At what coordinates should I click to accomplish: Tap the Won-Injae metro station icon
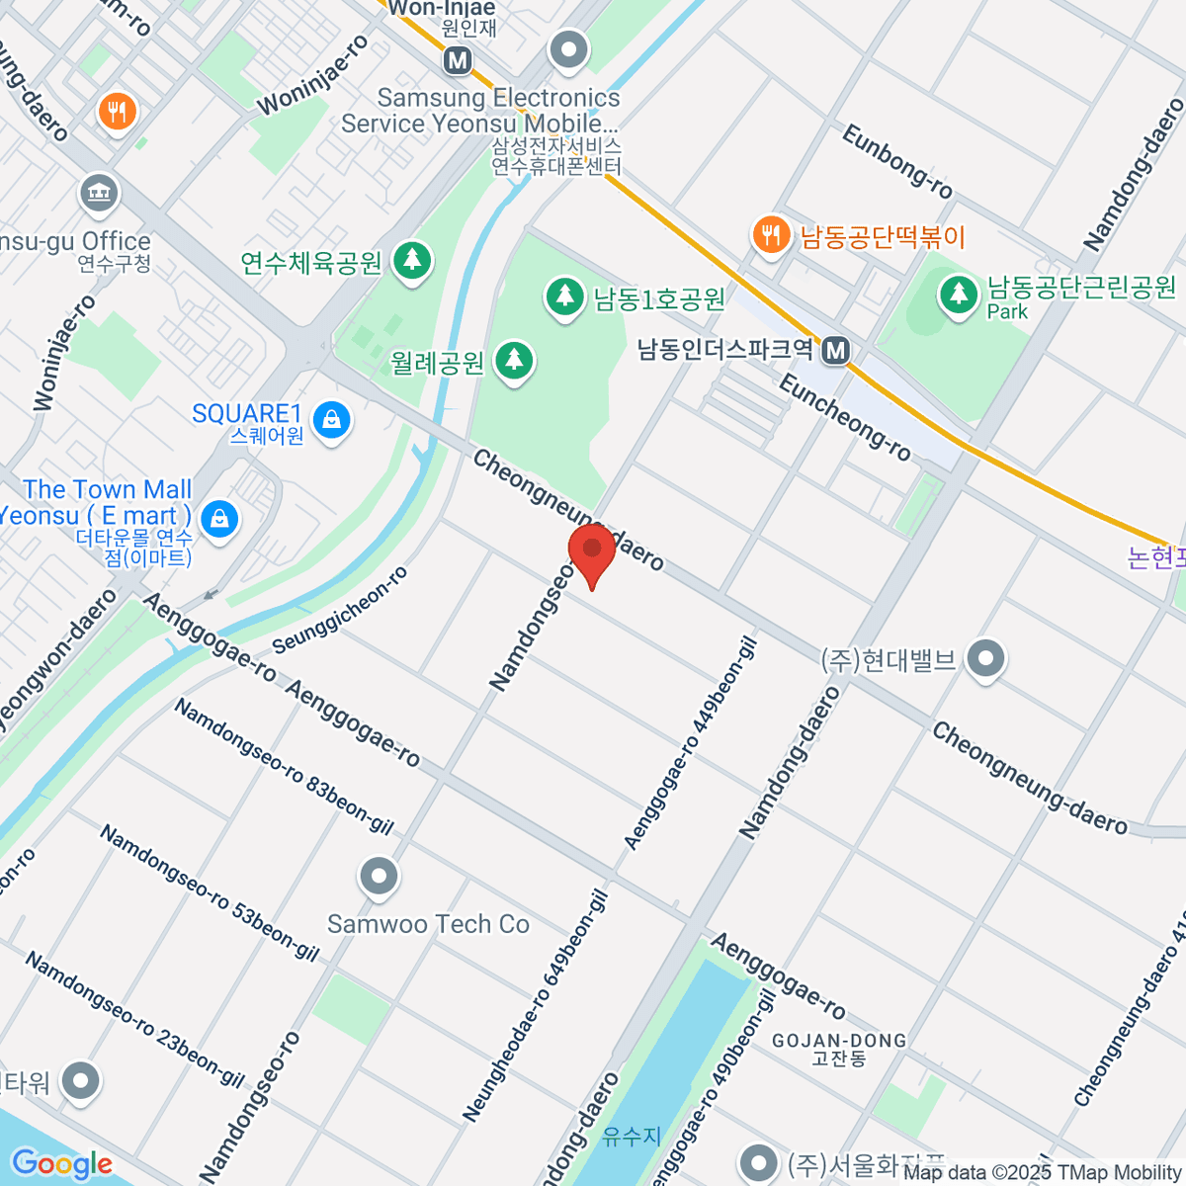tap(457, 60)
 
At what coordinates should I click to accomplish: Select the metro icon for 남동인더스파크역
tap(837, 350)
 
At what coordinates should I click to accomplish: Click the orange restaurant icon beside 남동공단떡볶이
tap(769, 235)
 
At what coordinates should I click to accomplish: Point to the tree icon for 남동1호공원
tap(564, 297)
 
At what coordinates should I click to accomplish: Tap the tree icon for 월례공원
tap(513, 361)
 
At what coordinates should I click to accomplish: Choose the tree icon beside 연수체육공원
tap(412, 261)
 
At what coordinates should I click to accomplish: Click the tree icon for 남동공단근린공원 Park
tap(957, 294)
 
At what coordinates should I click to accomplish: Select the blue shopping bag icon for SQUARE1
tap(332, 422)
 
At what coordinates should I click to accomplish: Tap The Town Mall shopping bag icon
tap(218, 517)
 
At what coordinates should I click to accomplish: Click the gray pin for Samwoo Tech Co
tap(379, 876)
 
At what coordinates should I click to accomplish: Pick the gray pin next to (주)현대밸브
tap(985, 659)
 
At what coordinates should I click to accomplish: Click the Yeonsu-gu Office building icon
tap(99, 192)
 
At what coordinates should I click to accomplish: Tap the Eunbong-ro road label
tap(896, 162)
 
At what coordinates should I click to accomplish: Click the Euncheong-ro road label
tap(845, 417)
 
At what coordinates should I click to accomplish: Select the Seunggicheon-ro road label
tap(339, 611)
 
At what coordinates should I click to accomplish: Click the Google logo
tap(61, 1164)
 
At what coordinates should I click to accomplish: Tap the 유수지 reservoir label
tap(631, 1137)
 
